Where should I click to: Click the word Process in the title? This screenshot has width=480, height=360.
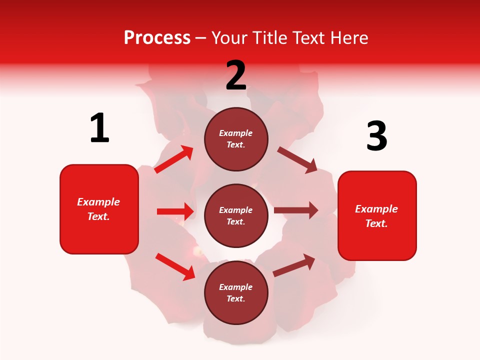click(x=157, y=38)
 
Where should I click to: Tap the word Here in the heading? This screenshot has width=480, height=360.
click(x=348, y=38)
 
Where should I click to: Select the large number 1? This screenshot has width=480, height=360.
click(x=99, y=128)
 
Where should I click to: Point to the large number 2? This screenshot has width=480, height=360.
click(x=236, y=75)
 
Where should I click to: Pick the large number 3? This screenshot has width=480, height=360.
click(x=376, y=136)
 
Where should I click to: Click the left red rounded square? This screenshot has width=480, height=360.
click(x=99, y=209)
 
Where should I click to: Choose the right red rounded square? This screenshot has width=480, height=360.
click(x=377, y=216)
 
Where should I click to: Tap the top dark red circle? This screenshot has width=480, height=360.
click(x=236, y=139)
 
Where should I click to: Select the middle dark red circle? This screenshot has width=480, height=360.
click(x=236, y=216)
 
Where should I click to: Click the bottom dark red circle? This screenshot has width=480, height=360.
click(x=236, y=293)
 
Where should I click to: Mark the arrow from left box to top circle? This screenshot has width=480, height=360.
click(x=174, y=159)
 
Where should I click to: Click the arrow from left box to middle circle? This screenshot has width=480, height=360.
click(x=175, y=211)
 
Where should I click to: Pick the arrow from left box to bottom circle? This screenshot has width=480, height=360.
click(x=175, y=266)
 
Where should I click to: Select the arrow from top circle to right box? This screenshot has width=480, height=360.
click(x=297, y=160)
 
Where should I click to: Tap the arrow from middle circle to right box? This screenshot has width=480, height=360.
click(x=296, y=210)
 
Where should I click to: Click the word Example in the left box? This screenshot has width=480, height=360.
click(x=98, y=202)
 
